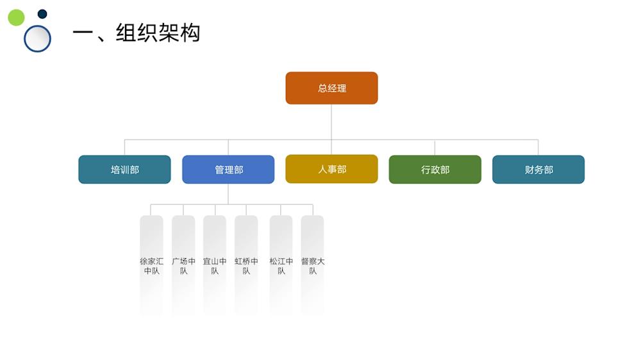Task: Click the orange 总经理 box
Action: click(331, 88)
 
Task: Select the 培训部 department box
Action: click(124, 170)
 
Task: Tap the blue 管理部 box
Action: click(228, 170)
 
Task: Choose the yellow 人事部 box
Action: click(331, 169)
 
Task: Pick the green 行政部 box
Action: click(435, 170)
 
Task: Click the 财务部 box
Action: click(538, 170)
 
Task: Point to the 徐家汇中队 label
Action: click(151, 266)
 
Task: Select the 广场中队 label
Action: click(183, 266)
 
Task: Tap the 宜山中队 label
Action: click(215, 266)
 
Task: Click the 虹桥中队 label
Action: click(246, 266)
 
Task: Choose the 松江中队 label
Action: click(281, 266)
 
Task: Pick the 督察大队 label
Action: click(312, 266)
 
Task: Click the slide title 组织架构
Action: click(158, 32)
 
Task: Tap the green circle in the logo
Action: click(16, 17)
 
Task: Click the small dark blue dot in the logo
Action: click(42, 14)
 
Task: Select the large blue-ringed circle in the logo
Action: click(37, 38)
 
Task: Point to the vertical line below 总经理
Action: click(331, 122)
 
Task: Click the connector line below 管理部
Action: click(228, 194)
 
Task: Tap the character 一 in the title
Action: click(83, 33)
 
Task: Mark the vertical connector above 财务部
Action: click(538, 147)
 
